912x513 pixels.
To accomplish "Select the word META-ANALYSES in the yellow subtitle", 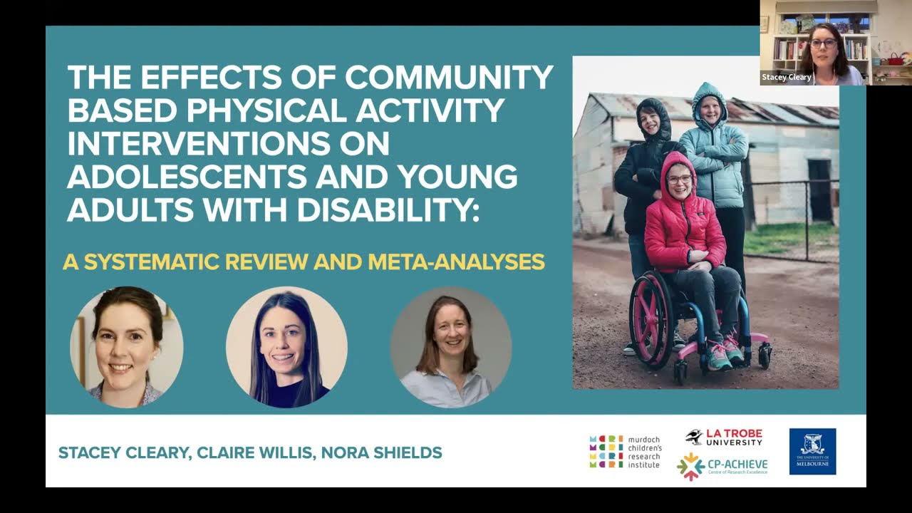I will [x=456, y=262].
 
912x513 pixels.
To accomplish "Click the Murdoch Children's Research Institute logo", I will [x=625, y=452].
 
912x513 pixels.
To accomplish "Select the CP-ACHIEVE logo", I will [x=722, y=466].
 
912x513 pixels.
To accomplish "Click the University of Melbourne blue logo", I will [x=812, y=451].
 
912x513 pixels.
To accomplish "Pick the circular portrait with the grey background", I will [x=450, y=348].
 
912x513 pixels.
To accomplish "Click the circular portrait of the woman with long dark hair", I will [x=286, y=348].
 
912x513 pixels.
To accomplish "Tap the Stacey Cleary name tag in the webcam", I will [x=787, y=77].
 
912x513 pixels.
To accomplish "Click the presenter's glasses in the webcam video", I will [x=823, y=44].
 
